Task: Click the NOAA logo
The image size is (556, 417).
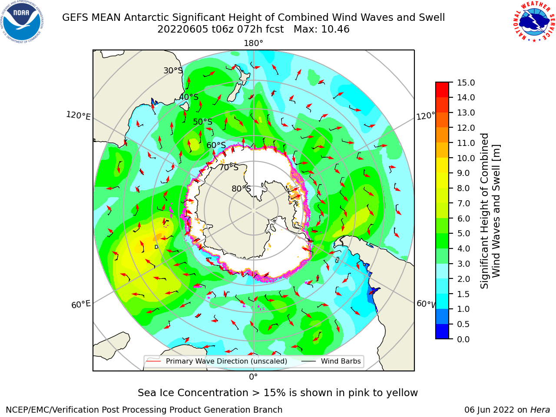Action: [x=22, y=22]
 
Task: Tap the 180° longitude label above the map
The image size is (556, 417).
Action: [x=253, y=43]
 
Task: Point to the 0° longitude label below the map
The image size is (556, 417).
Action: [x=253, y=377]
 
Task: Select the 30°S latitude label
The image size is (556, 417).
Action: [x=173, y=70]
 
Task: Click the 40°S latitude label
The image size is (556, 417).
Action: [x=189, y=97]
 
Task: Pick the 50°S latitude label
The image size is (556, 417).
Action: [x=203, y=122]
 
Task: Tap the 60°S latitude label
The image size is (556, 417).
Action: [x=216, y=146]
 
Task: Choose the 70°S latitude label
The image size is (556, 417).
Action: [x=229, y=168]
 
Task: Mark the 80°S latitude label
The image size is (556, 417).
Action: [x=241, y=189]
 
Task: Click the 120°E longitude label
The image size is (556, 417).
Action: [x=78, y=116]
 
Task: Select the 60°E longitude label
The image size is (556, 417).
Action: [x=81, y=304]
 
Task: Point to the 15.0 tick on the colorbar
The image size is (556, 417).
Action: [x=466, y=83]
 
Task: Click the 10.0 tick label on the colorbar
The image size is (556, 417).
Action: [x=466, y=158]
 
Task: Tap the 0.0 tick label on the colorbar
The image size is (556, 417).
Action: [x=463, y=339]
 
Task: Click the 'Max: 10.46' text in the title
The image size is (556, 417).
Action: [x=321, y=30]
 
